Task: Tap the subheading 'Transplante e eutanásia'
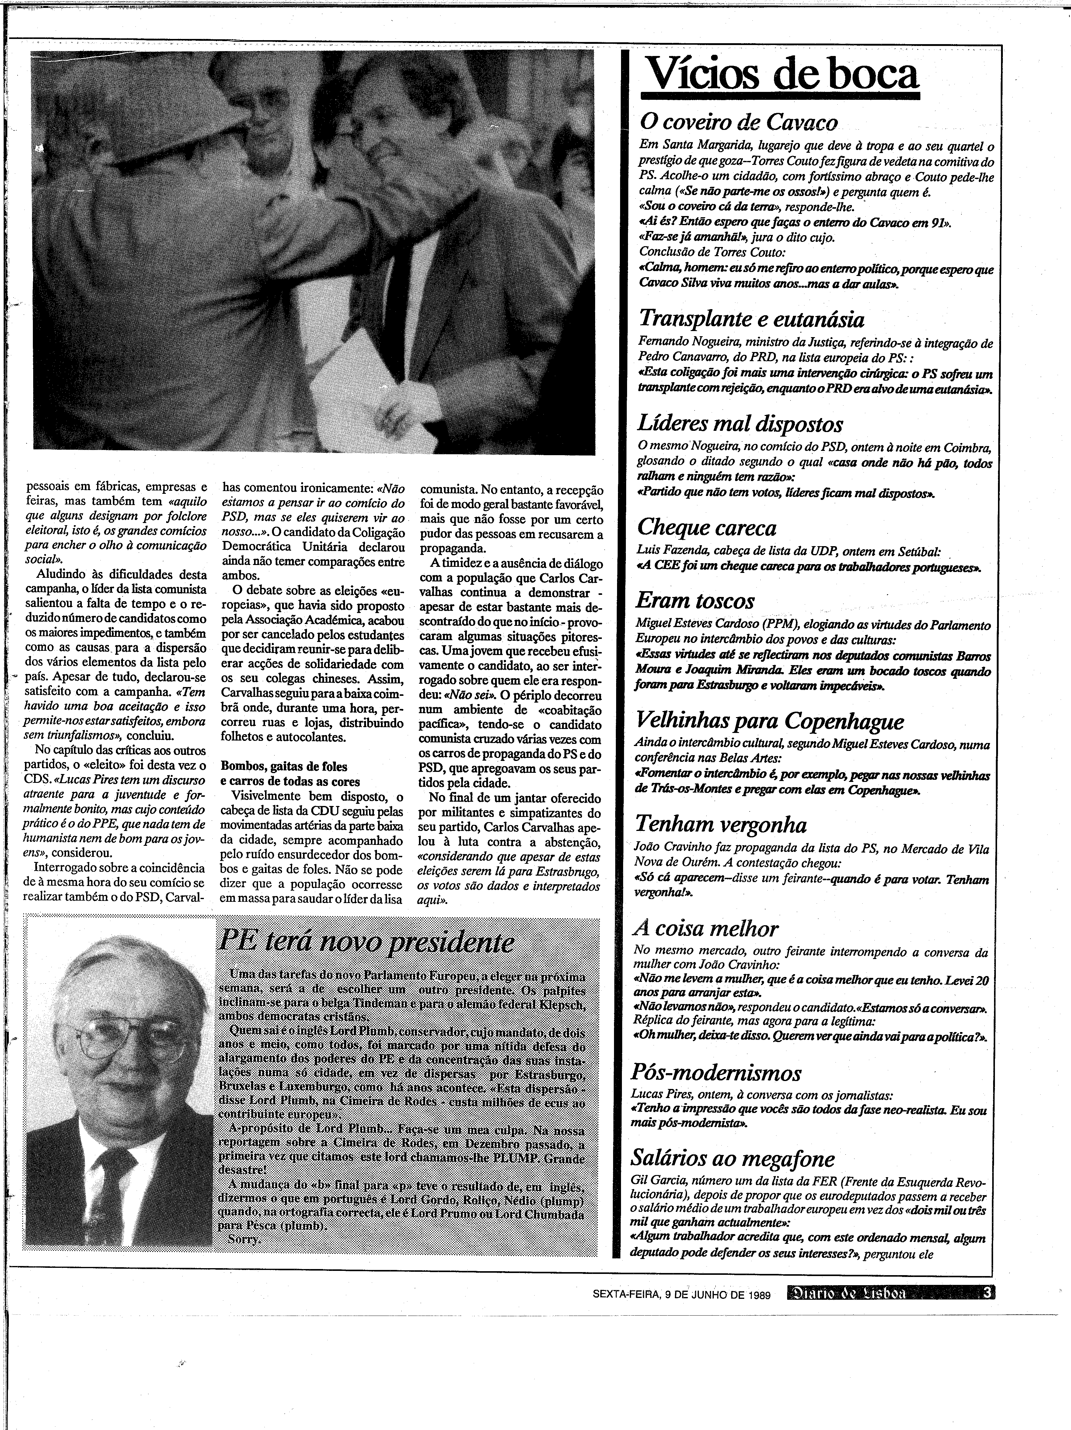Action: tap(751, 319)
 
